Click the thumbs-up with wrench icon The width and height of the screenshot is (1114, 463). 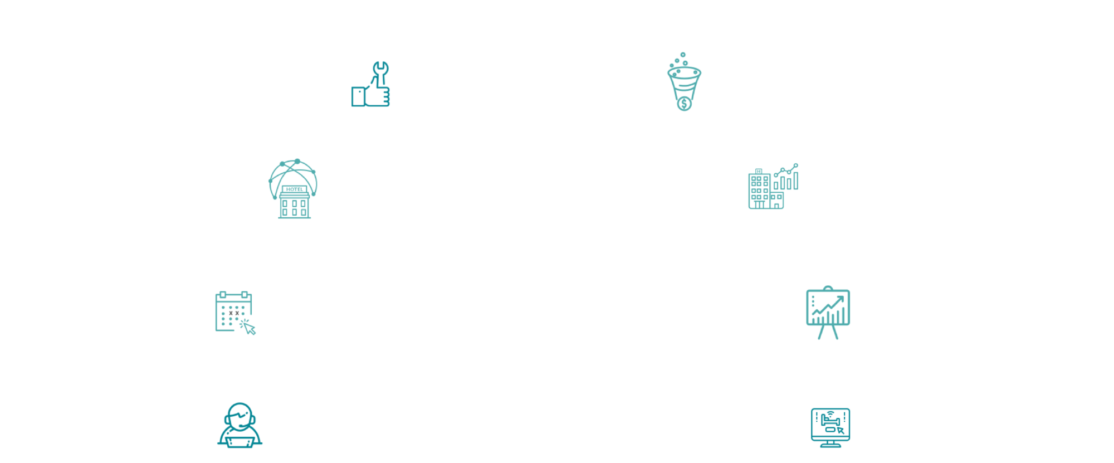[x=370, y=84]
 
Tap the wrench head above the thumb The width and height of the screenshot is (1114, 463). [x=381, y=69]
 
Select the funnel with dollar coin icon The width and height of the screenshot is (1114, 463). [x=684, y=82]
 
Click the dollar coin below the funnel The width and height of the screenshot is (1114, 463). [x=685, y=104]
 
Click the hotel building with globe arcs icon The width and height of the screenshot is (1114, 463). [x=294, y=189]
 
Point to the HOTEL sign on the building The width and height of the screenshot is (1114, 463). [x=295, y=189]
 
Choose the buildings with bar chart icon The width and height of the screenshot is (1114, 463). [x=773, y=187]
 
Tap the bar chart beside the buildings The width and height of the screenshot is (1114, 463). [x=786, y=177]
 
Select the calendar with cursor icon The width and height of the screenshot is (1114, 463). [x=235, y=313]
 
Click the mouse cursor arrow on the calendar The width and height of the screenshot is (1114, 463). [x=249, y=328]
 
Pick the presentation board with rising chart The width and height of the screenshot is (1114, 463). [x=828, y=313]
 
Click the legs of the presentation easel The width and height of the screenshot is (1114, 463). [x=828, y=332]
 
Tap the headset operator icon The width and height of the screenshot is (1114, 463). [x=240, y=425]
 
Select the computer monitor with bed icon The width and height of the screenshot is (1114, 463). [x=830, y=427]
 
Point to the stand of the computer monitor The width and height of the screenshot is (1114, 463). [x=830, y=444]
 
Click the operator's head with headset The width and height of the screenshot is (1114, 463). [x=240, y=416]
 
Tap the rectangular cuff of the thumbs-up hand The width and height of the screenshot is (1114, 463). [x=358, y=96]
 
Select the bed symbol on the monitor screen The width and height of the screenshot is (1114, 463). [x=830, y=421]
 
